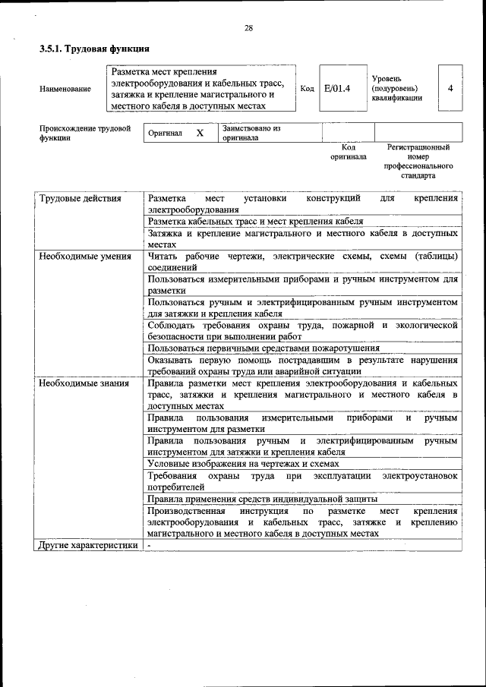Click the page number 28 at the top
tap(248, 28)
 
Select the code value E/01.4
tap(337, 89)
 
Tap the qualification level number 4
tap(450, 88)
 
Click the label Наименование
tap(65, 89)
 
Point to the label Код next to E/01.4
tap(307, 89)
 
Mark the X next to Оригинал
tap(200, 133)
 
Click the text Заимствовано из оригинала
tap(251, 133)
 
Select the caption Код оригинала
tap(349, 152)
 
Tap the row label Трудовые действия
tap(80, 199)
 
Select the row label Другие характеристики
tap(89, 545)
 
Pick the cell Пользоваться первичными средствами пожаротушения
tap(264, 348)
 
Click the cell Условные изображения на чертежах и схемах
tap(243, 463)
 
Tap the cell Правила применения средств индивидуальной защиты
tap(263, 499)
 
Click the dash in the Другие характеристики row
tap(150, 545)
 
